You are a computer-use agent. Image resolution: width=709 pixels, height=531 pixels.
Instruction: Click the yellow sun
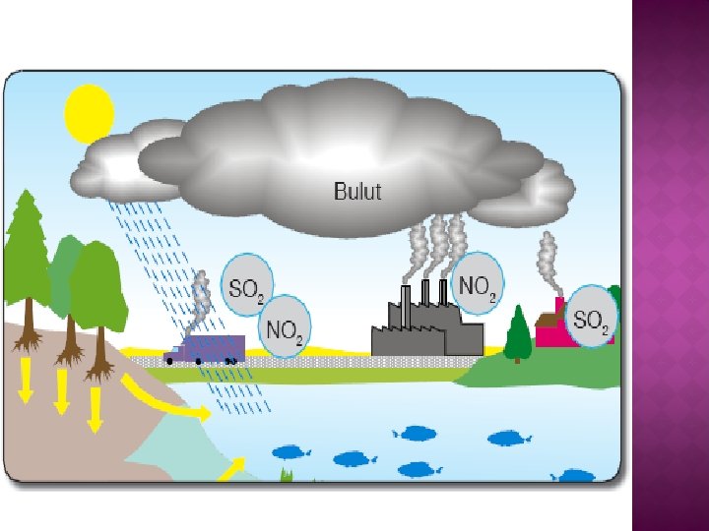90,113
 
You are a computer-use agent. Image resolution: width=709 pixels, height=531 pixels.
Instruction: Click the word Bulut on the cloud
356,191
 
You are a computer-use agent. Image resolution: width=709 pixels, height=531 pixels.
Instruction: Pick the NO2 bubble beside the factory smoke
479,286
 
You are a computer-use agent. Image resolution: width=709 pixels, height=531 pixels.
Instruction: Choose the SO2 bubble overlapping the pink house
593,317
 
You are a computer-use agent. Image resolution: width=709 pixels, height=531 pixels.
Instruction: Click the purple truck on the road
206,349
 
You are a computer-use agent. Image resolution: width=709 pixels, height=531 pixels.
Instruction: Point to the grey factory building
427,329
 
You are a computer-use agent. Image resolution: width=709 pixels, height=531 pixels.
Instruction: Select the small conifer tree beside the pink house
518,332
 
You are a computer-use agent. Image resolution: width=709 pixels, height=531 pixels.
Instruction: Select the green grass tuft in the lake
288,475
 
